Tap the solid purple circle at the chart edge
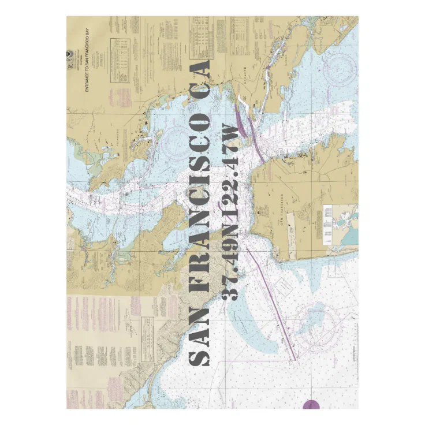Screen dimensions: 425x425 point(311,405)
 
